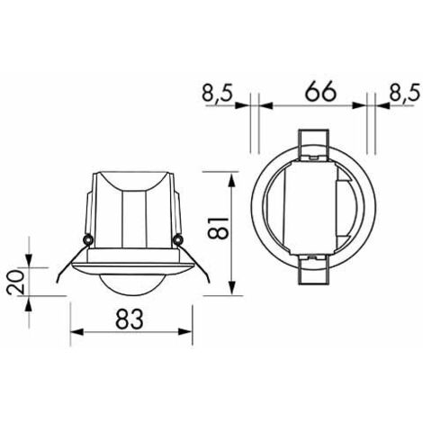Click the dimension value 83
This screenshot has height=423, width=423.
click(x=131, y=317)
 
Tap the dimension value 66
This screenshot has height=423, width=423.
click(x=314, y=92)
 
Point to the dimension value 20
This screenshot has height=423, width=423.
click(x=17, y=283)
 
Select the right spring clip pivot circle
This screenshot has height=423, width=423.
click(x=178, y=239)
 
